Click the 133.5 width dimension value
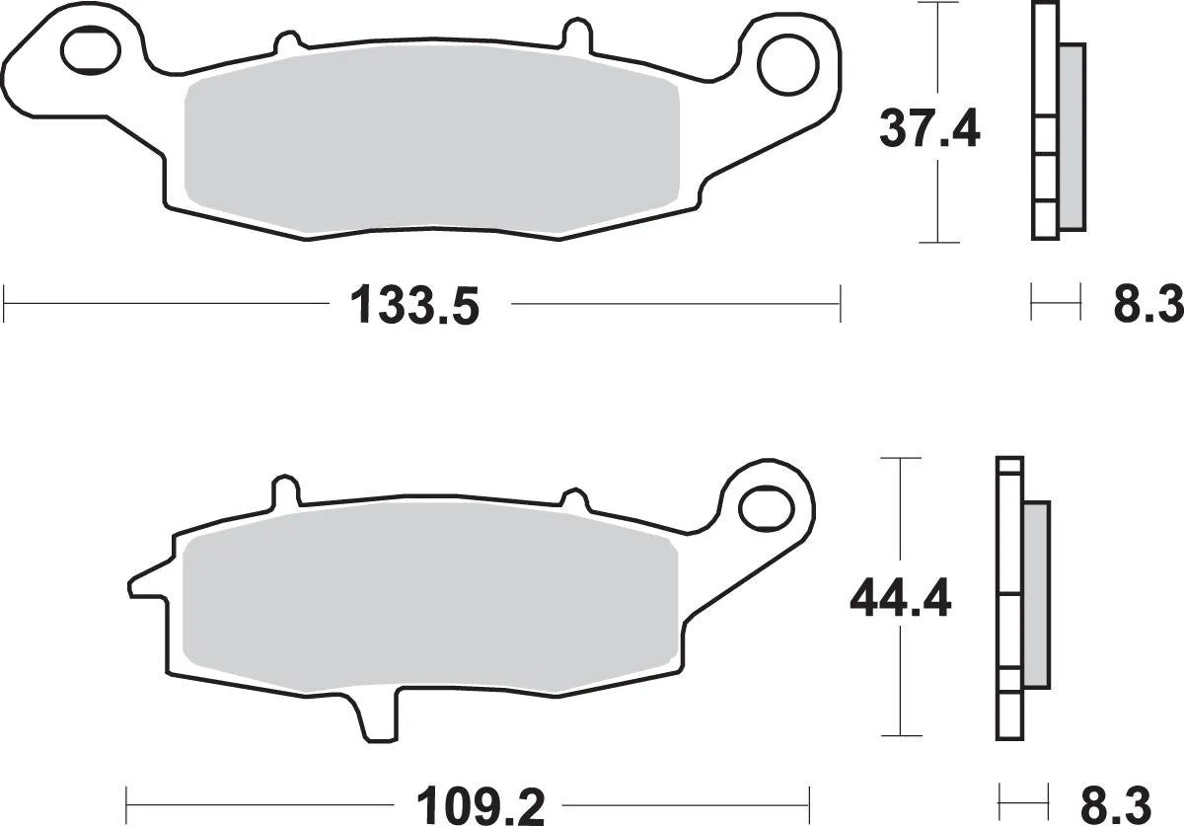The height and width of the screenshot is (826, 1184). coord(414,305)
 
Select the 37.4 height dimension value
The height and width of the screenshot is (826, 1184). coord(929,128)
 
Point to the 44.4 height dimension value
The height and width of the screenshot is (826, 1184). coord(900,598)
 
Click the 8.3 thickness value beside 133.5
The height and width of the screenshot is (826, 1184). coord(1147,305)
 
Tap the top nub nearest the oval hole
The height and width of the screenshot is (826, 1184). coord(285,42)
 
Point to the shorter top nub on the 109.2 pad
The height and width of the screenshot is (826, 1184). coord(573,497)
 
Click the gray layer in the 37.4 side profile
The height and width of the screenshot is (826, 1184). coord(1072,138)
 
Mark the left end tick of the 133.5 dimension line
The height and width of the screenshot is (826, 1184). coord(5,304)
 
